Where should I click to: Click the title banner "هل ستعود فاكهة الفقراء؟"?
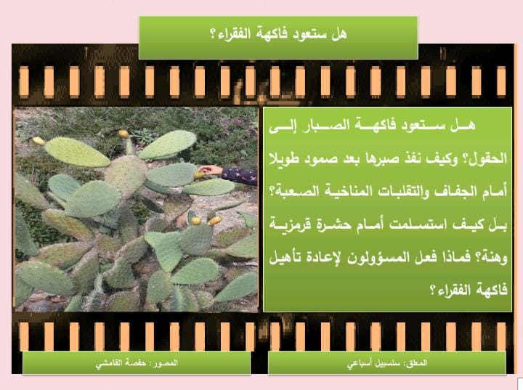click(x=278, y=37)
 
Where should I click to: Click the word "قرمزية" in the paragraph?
click(x=289, y=224)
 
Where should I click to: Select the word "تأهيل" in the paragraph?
click(x=283, y=257)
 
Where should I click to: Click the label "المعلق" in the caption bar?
click(x=416, y=362)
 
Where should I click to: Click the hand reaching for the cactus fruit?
click(x=211, y=171)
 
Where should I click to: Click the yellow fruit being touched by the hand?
click(x=199, y=175)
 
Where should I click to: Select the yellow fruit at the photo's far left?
click(x=38, y=141)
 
